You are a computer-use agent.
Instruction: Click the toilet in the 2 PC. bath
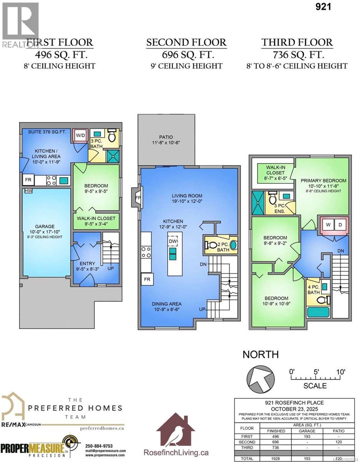pos(212,245)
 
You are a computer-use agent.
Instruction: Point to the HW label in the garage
pos(28,191)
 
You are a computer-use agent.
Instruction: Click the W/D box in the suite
pos(81,136)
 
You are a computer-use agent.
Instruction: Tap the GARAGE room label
pos(45,226)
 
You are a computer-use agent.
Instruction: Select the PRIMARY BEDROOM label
pos(323,180)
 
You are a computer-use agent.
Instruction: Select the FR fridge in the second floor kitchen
pos(147,280)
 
